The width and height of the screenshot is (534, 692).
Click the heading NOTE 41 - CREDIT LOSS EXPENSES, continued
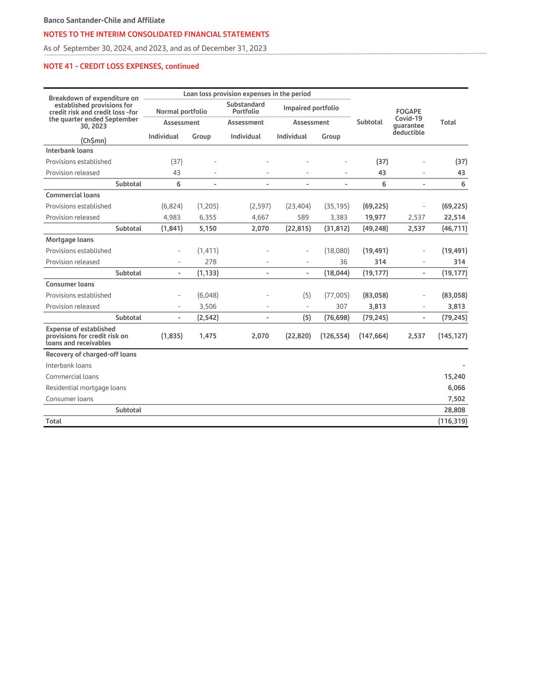(x=121, y=66)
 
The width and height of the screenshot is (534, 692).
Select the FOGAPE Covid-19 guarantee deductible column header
(x=408, y=122)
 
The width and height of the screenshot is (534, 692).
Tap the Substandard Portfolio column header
(x=245, y=108)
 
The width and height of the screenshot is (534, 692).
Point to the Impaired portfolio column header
(x=311, y=108)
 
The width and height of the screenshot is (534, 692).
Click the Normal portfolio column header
(x=181, y=112)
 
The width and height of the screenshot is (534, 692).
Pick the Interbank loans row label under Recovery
(x=69, y=366)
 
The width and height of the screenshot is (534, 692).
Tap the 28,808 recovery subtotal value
(x=455, y=410)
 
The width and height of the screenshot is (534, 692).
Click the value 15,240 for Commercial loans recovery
(x=455, y=377)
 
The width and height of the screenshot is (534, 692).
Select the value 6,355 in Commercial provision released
(x=208, y=217)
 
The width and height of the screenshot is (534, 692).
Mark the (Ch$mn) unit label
(x=94, y=140)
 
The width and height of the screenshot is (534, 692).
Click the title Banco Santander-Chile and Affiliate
(x=104, y=20)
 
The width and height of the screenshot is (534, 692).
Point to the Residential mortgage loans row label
(x=86, y=388)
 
